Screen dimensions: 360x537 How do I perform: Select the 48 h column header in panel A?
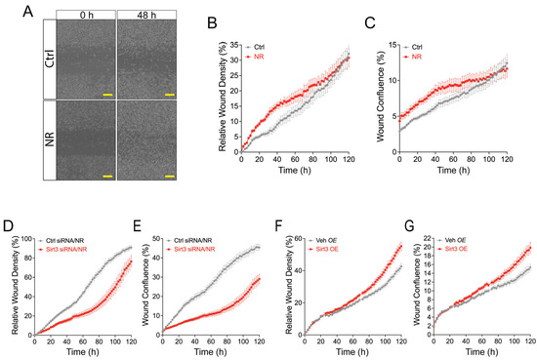[145, 16]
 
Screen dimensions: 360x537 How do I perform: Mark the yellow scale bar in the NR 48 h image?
[169, 177]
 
